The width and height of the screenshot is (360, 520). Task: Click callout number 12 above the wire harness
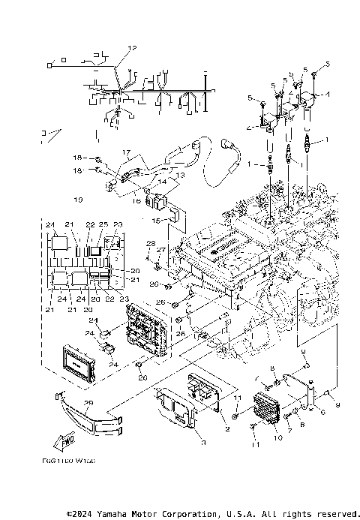pos(132,48)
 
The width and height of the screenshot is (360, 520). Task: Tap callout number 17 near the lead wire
pos(127,152)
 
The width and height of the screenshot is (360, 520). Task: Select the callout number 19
pos(99,200)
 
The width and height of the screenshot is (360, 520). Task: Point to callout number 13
pos(180,174)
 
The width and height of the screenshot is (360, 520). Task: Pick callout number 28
pos(149,244)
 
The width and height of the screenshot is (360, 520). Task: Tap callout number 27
pos(160,250)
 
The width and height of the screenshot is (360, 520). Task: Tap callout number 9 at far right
pos(337,406)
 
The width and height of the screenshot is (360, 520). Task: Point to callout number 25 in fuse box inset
pos(103,225)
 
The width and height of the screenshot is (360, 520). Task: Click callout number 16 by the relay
pos(136,201)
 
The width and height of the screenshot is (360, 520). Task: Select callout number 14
pos(162,182)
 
